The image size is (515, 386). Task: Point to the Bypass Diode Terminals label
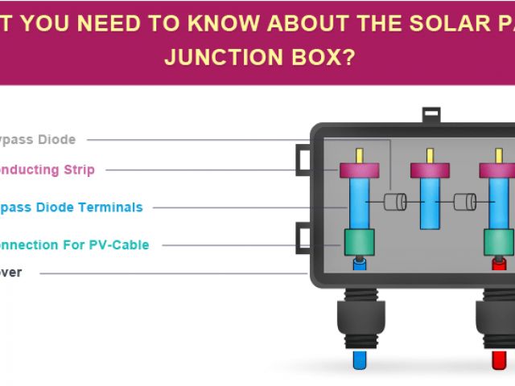pyautogui.click(x=69, y=207)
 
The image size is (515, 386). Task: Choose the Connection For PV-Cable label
pyautogui.click(x=73, y=244)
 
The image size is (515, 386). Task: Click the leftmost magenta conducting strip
pyautogui.click(x=359, y=170)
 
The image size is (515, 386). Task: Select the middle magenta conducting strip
pyautogui.click(x=430, y=170)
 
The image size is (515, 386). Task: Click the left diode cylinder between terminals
pyautogui.click(x=393, y=202)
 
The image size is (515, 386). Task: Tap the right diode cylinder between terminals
pyautogui.click(x=464, y=202)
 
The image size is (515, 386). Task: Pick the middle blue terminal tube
pyautogui.click(x=430, y=203)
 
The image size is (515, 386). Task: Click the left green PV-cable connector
pyautogui.click(x=359, y=241)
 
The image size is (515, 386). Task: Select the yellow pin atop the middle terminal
pyautogui.click(x=430, y=156)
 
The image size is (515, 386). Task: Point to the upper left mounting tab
pyautogui.click(x=303, y=158)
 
